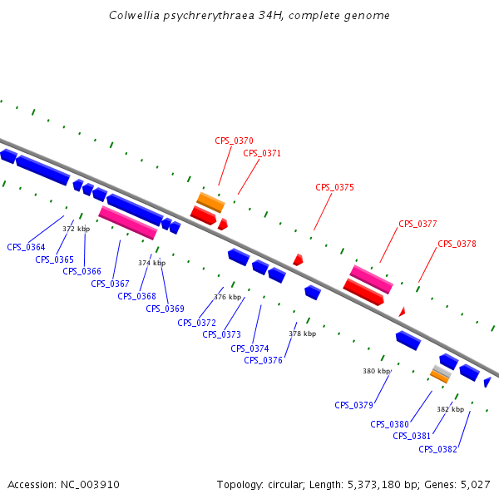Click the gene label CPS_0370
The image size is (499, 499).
coord(234,141)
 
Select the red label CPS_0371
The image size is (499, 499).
coord(262,153)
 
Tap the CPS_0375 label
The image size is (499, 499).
coord(334,188)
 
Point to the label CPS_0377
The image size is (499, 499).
coord(417,224)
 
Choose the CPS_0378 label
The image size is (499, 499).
coord(457,244)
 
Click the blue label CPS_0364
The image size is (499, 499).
coord(26,247)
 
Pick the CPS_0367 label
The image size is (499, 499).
coord(110,284)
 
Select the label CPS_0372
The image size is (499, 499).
coord(196,323)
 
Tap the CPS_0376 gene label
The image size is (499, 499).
coord(263,360)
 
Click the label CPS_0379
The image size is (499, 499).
coord(353,405)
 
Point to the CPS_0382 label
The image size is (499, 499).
coord(437,449)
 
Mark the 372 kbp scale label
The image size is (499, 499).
coord(76,229)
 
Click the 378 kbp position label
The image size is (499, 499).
coord(302,333)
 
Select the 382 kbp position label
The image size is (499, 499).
coord(450,409)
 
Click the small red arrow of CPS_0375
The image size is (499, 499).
coord(298,259)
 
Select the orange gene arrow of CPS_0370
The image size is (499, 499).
coord(210,201)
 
